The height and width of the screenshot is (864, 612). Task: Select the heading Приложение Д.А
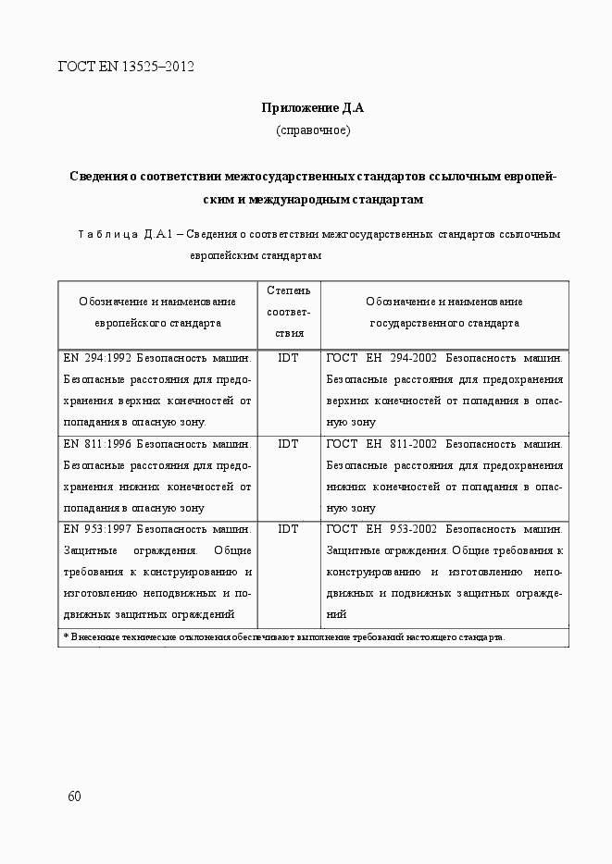point(313,108)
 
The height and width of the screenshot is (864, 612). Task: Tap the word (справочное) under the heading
point(313,130)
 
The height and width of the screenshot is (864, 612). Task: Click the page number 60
point(75,797)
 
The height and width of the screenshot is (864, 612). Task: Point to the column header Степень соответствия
point(288,313)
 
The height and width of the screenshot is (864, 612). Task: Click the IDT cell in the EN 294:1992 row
point(288,357)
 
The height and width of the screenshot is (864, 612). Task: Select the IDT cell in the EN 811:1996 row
point(288,444)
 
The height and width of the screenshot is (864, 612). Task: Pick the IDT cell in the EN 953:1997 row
point(288,529)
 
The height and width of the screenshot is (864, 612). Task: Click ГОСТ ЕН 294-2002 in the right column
point(382,357)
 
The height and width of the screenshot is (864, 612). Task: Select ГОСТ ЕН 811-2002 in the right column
point(382,444)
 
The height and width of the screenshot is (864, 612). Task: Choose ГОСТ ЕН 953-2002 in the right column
point(382,529)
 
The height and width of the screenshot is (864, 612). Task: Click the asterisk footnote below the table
point(284,637)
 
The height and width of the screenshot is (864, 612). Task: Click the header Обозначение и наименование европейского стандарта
point(157,313)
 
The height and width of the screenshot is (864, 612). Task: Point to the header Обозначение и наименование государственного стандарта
point(444,313)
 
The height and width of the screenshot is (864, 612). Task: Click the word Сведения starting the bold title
point(97,176)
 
